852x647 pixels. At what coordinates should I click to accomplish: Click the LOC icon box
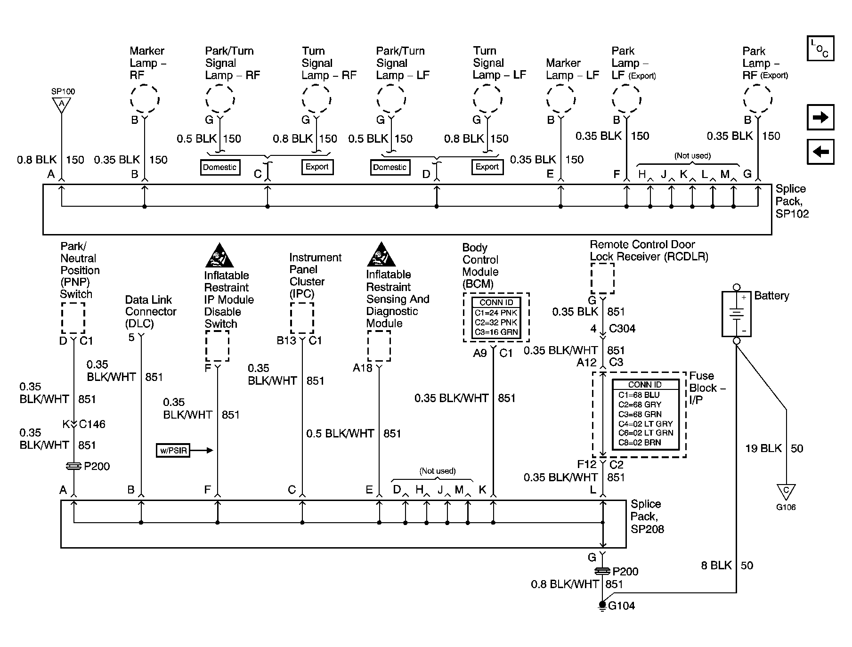(820, 48)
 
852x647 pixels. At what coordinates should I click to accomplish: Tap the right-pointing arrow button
(820, 117)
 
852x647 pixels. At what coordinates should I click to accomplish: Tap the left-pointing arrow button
(820, 152)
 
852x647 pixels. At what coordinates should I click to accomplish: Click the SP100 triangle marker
(61, 105)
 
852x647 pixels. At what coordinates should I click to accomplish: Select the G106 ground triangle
(786, 492)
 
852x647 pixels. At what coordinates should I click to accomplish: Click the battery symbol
(737, 314)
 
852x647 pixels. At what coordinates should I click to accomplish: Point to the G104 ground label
(621, 606)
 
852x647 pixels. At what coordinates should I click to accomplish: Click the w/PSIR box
(173, 451)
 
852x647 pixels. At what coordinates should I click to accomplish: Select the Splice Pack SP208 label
(647, 517)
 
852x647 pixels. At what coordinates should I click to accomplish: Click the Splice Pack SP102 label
(792, 201)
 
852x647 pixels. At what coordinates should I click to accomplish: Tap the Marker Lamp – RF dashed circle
(145, 100)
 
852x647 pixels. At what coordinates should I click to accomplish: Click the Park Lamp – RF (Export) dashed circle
(757, 100)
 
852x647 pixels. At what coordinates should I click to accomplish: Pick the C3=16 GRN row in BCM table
(496, 332)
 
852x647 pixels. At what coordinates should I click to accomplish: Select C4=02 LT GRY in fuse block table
(645, 424)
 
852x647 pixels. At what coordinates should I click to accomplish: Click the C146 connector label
(92, 424)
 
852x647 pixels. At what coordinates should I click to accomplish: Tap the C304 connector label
(622, 329)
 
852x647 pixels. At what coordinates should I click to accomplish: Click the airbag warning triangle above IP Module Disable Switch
(217, 256)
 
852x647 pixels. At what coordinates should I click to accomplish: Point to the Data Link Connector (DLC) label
(150, 312)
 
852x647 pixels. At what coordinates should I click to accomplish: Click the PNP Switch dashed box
(73, 318)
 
